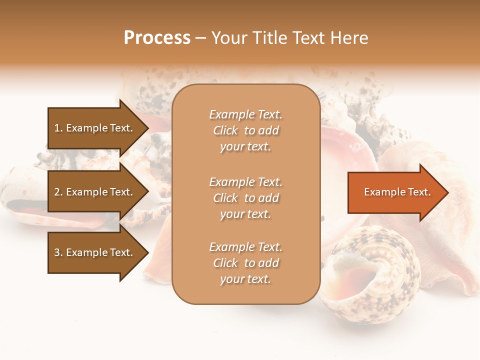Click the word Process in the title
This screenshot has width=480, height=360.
[157, 38]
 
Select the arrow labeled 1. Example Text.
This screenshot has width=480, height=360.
[95, 128]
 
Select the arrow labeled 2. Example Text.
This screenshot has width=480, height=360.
[95, 192]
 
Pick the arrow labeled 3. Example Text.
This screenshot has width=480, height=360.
[95, 252]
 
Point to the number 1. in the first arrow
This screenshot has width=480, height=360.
[58, 128]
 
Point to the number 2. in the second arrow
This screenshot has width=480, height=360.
[58, 192]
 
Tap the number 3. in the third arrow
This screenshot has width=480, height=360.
[58, 252]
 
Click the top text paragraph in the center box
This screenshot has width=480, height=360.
[245, 130]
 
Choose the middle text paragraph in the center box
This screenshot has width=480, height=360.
[245, 198]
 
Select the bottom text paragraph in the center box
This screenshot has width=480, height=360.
[245, 263]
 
